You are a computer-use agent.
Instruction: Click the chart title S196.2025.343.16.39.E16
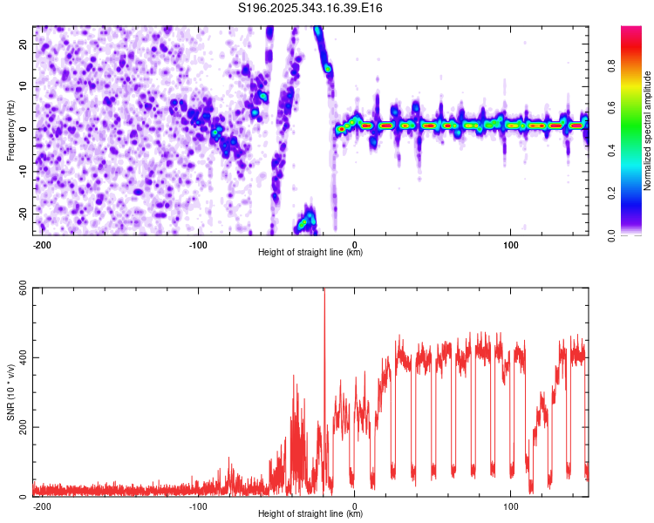pyautogui.click(x=310, y=8)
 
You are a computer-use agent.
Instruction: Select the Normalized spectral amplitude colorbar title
pyautogui.click(x=647, y=131)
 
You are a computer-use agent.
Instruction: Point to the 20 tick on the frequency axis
pyautogui.click(x=24, y=45)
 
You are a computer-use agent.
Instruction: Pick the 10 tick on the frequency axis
pyautogui.click(x=24, y=87)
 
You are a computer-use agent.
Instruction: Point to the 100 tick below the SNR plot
pyautogui.click(x=511, y=506)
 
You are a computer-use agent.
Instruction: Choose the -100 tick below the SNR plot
pyautogui.click(x=197, y=506)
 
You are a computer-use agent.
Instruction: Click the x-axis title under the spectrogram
pyautogui.click(x=310, y=253)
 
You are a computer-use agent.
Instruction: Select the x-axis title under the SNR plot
pyautogui.click(x=310, y=514)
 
